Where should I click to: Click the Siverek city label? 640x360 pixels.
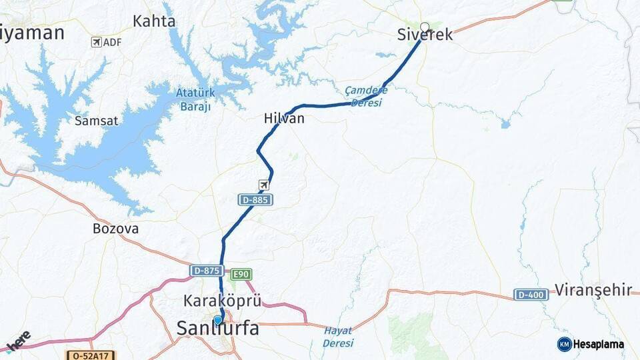[425, 35]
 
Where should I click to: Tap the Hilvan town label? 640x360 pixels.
[284, 119]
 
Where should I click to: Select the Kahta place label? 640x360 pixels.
[154, 21]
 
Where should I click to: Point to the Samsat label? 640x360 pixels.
[97, 121]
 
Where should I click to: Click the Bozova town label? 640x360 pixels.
[116, 229]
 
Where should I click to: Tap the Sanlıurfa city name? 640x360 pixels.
[217, 328]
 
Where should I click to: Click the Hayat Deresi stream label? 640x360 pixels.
[338, 337]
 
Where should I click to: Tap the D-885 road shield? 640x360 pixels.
[255, 199]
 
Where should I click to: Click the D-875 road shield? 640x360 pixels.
[206, 271]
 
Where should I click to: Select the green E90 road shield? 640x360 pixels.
[241, 274]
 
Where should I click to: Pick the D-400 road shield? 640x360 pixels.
[531, 294]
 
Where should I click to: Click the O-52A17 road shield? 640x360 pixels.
[91, 356]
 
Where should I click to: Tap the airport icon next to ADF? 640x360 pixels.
[97, 42]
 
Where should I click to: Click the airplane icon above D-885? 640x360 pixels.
[265, 184]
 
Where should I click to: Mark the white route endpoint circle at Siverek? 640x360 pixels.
[425, 27]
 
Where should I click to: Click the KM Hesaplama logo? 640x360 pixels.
[590, 344]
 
